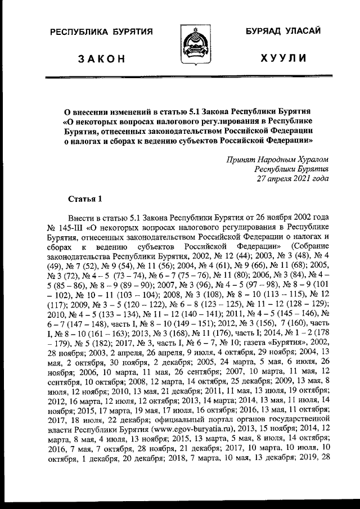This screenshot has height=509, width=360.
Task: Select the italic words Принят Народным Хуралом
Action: pos(276,159)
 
